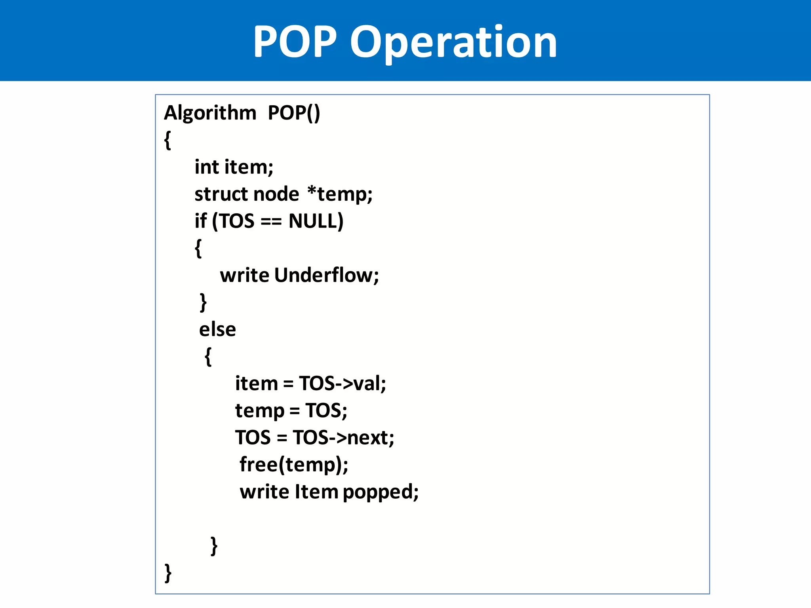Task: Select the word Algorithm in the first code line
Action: (x=210, y=113)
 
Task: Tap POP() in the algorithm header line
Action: (x=294, y=113)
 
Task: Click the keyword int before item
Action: (x=206, y=167)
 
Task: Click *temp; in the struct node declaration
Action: (x=340, y=194)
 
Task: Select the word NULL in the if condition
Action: (x=316, y=221)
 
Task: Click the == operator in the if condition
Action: (x=271, y=222)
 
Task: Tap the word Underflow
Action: (x=326, y=275)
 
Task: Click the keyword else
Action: (x=217, y=329)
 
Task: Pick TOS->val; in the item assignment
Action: (x=342, y=383)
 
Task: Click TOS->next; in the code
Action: (x=343, y=437)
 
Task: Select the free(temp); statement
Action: (x=294, y=465)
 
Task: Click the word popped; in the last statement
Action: (x=381, y=492)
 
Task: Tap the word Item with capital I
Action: (x=316, y=492)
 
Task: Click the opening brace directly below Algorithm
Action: (x=168, y=140)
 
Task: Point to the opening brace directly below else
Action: (x=208, y=356)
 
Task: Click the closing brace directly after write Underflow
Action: (x=203, y=302)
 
